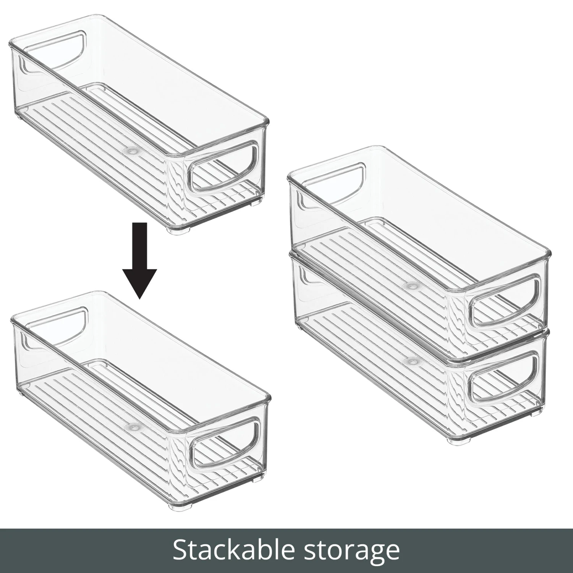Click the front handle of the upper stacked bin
tap(504, 300)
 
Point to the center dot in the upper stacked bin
tap(412, 285)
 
